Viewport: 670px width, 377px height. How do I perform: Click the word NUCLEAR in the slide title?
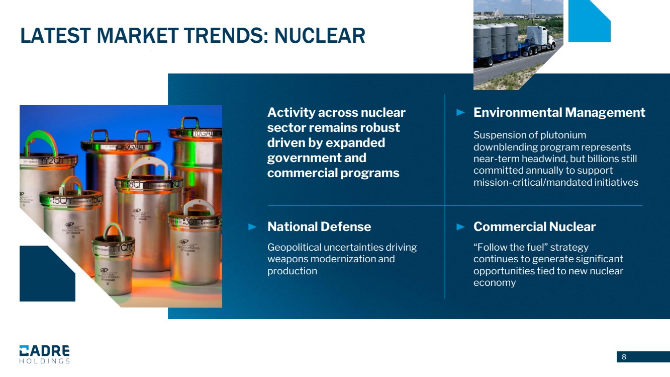coord(320,36)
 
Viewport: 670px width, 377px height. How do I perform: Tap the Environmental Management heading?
coord(559,113)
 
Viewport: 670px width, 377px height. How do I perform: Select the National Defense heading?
coord(319,227)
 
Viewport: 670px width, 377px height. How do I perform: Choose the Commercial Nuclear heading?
coord(534,227)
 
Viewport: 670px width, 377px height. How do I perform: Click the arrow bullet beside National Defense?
coord(252,227)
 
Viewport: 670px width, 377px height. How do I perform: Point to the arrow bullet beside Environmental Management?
coord(460,113)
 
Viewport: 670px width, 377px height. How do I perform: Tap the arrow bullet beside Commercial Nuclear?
coord(460,227)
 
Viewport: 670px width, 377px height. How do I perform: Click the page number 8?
coord(624,357)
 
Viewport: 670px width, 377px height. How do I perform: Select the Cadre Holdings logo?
coord(45,354)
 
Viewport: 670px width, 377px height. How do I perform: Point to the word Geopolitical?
coord(294,248)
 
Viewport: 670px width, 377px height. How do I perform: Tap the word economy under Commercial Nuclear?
coord(495,283)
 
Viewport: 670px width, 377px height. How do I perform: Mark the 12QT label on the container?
coord(54,161)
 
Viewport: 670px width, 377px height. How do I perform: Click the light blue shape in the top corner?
coord(589,21)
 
